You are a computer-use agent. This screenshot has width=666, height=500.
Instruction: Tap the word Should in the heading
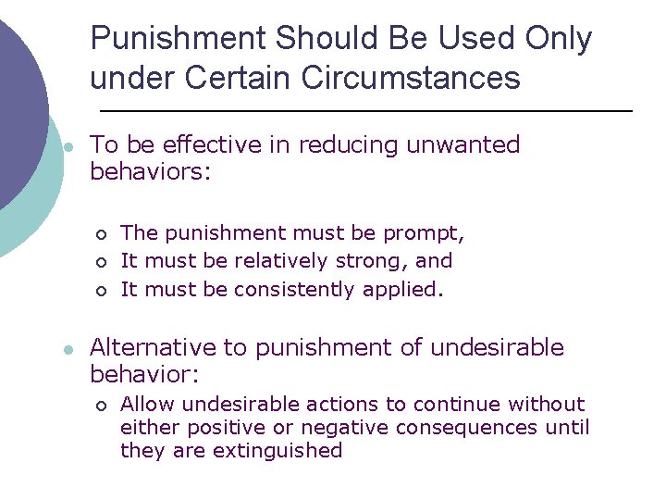314,39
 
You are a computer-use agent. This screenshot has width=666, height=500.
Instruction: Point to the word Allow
145,405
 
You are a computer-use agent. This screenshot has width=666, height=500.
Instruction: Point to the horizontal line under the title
361,111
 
